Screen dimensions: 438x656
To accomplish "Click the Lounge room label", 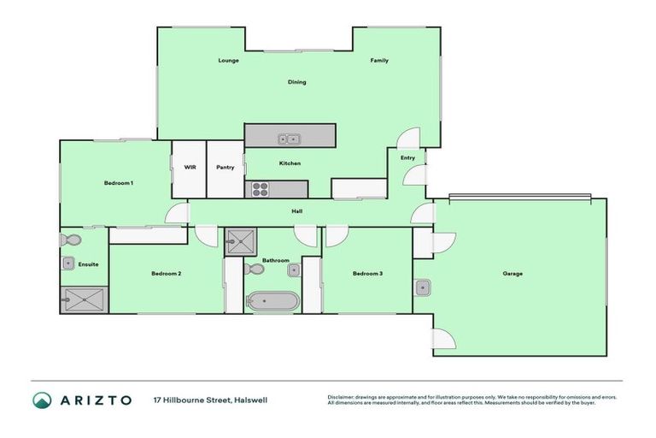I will tap(228, 61).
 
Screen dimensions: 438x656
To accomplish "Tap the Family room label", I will tap(379, 61).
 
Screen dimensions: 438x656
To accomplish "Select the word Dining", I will tap(296, 82).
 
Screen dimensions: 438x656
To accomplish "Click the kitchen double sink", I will tap(288, 139).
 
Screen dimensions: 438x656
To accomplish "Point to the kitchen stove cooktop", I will tap(259, 189).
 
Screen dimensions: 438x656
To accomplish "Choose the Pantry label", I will tap(225, 167).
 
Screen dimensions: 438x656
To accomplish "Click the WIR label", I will tap(190, 167).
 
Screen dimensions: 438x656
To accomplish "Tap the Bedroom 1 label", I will tap(119, 183).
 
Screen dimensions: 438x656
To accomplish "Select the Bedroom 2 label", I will tap(166, 274).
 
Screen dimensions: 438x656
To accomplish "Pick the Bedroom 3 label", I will tap(368, 274).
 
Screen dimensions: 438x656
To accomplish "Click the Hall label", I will tap(296, 211).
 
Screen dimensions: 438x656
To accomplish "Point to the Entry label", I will tap(407, 157).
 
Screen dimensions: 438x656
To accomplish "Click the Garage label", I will tap(512, 274).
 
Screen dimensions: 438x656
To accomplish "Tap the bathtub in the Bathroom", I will tap(272, 301).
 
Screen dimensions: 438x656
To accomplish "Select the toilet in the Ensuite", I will tap(71, 240).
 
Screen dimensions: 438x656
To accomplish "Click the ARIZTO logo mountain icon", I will tap(43, 400).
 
